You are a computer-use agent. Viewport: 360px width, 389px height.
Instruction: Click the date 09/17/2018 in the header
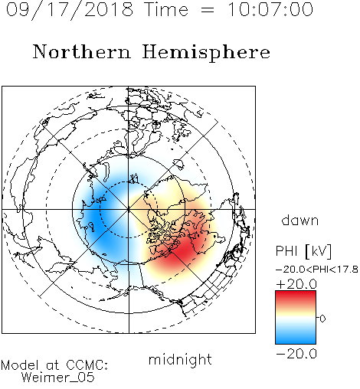(70, 10)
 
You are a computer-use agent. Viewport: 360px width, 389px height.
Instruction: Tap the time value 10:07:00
(270, 9)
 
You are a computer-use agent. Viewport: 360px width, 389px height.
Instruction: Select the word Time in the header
(166, 9)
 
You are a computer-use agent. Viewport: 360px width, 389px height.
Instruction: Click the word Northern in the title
(82, 51)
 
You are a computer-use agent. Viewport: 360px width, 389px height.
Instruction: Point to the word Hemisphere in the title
(206, 53)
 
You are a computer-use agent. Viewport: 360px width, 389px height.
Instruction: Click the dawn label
(300, 220)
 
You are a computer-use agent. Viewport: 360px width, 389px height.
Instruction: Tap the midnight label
(180, 359)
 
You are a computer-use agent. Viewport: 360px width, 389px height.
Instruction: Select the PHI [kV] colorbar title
(304, 251)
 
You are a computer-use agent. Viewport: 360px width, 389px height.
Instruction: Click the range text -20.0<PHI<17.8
(317, 270)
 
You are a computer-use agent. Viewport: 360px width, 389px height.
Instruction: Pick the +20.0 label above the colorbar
(296, 284)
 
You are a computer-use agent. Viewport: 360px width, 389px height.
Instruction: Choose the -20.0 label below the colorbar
(296, 354)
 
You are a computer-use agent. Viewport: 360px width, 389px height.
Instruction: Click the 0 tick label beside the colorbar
(322, 319)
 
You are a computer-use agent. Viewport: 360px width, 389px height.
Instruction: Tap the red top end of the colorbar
(296, 293)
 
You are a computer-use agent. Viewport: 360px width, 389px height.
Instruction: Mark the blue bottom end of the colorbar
(296, 341)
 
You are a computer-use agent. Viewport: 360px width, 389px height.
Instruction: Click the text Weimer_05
(58, 378)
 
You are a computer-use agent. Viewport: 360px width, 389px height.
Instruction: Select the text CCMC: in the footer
(87, 365)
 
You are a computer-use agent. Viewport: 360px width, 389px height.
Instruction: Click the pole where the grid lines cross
(129, 209)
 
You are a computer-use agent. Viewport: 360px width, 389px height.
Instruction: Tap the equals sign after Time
(208, 11)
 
